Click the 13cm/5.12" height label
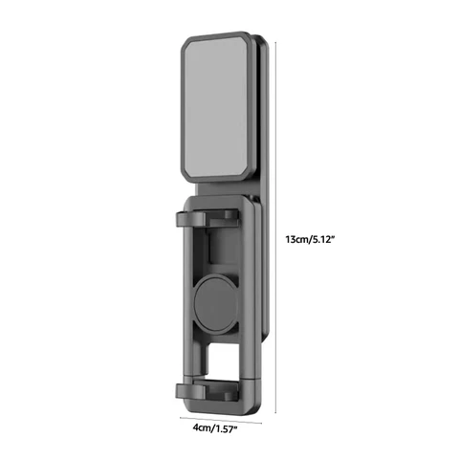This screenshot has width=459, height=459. coord(310,239)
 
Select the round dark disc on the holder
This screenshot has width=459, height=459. coord(216,304)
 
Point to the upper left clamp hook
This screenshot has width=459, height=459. coord(190,219)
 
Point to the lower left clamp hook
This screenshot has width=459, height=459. coord(190,391)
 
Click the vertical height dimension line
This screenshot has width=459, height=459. coord(275,228)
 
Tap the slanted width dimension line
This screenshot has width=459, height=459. coord(221,420)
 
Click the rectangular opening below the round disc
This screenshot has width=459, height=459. coord(223,361)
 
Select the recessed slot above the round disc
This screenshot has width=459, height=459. coord(223,246)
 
